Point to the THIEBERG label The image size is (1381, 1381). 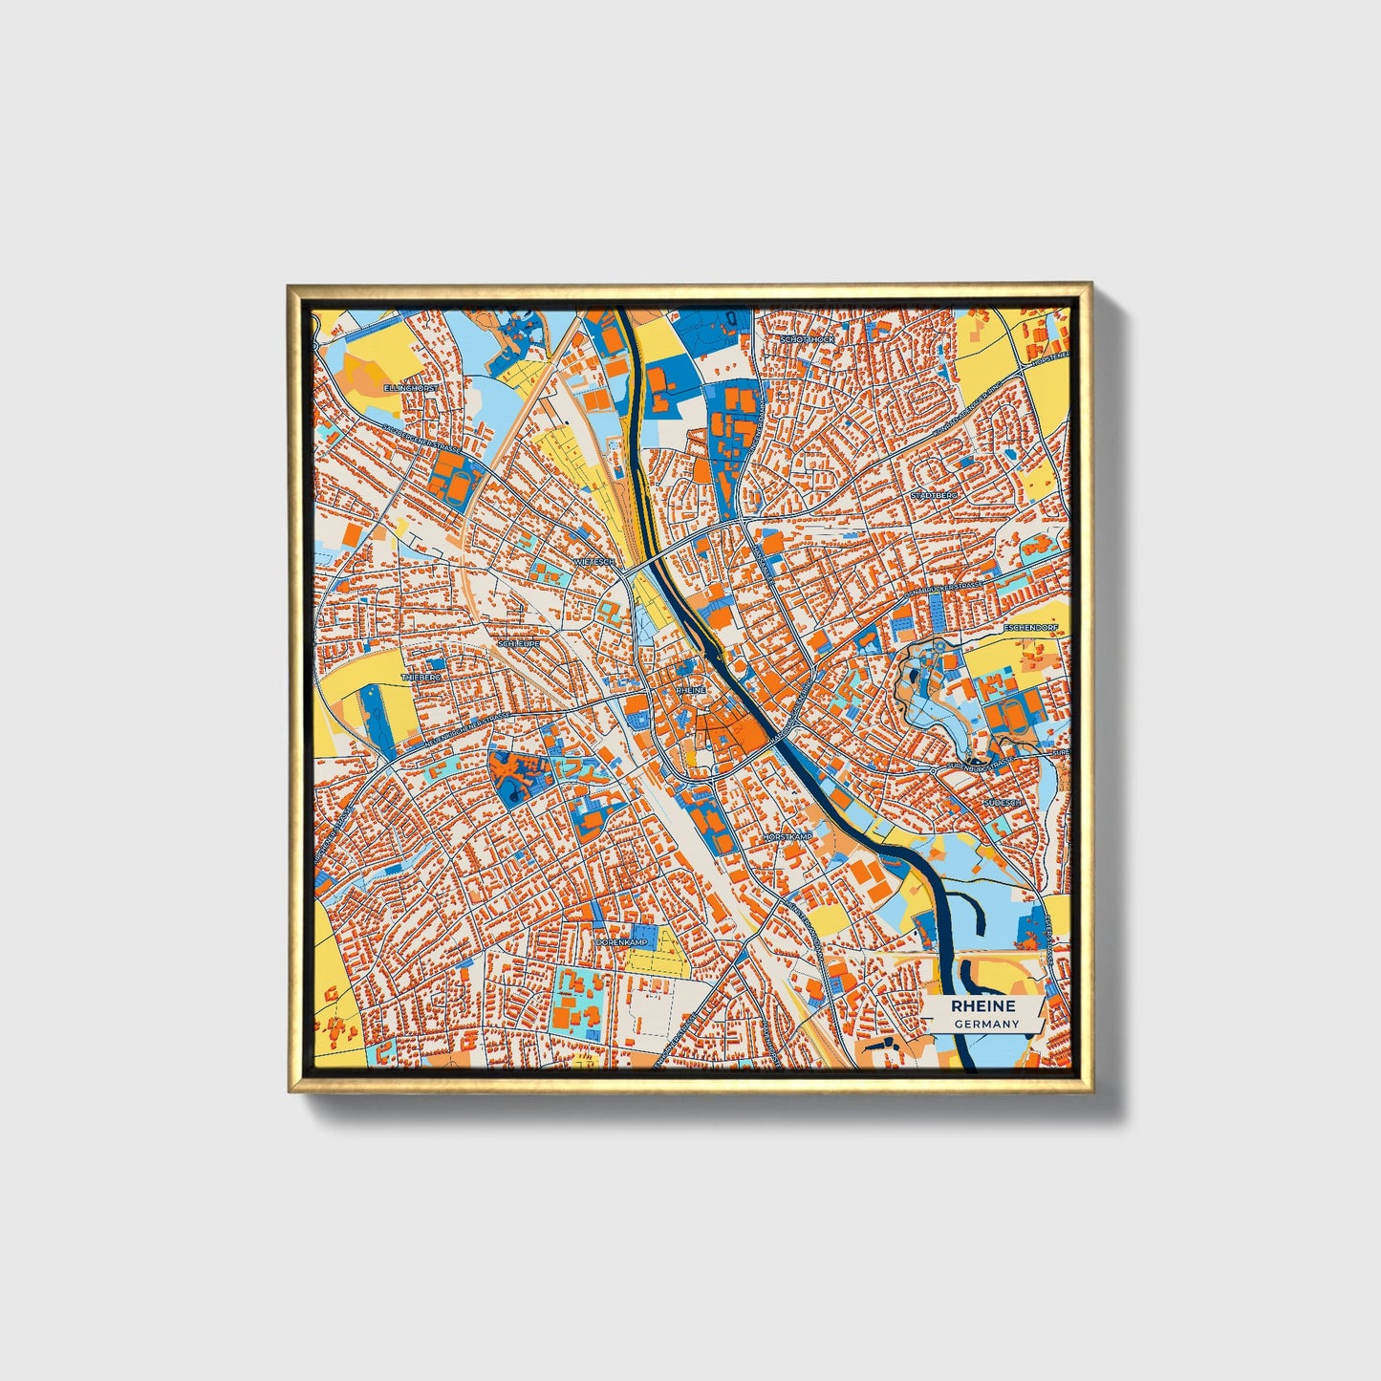[421, 676]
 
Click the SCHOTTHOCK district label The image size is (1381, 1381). [808, 339]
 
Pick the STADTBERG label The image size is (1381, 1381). [933, 496]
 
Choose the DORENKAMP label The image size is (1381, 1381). [621, 941]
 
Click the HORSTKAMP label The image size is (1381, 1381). [787, 837]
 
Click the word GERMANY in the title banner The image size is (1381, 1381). [986, 1024]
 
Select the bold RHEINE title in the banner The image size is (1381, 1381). [982, 1006]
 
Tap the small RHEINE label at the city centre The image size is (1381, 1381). [690, 689]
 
